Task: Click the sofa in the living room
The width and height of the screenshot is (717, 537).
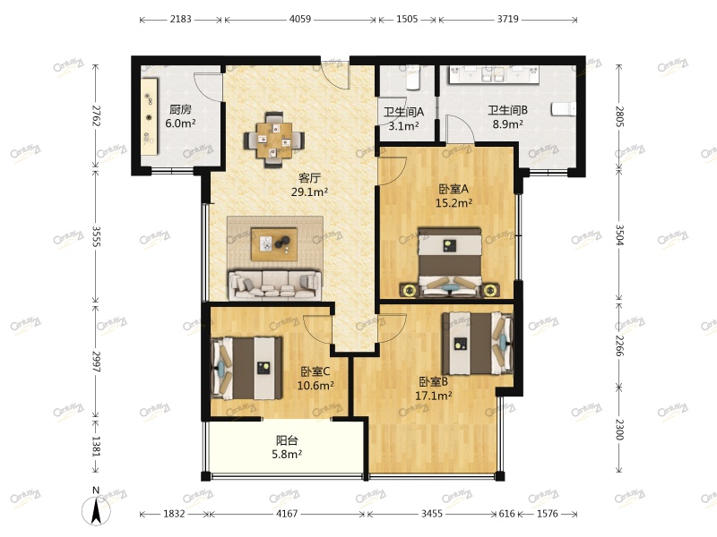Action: (x=274, y=285)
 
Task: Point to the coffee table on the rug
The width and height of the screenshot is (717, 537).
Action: (x=274, y=243)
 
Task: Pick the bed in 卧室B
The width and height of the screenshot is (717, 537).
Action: (x=478, y=344)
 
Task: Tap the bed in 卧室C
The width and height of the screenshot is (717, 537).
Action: (x=246, y=367)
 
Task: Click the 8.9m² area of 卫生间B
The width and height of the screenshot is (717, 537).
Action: (x=507, y=125)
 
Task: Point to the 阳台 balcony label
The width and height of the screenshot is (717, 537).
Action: (x=288, y=440)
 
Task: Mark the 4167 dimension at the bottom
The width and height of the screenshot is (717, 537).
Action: (x=288, y=514)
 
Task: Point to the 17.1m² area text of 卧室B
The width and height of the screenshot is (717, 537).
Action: (x=433, y=395)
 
